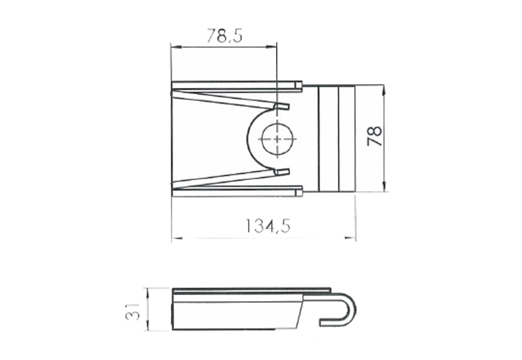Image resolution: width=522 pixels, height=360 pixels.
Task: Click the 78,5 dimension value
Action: click(224, 36)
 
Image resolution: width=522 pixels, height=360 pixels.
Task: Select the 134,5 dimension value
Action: click(268, 226)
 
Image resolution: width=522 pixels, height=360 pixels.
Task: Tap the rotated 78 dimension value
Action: click(374, 136)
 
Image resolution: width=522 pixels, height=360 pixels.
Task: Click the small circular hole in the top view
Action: click(277, 140)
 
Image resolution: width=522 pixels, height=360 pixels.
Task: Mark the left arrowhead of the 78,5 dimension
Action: click(176, 48)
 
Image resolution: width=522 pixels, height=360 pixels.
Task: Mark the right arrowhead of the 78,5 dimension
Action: click(271, 48)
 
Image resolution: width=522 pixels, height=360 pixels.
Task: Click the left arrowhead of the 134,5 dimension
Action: click(177, 238)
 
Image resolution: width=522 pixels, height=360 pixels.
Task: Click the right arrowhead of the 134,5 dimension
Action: click(350, 238)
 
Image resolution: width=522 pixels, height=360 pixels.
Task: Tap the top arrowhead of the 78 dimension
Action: click(384, 91)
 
